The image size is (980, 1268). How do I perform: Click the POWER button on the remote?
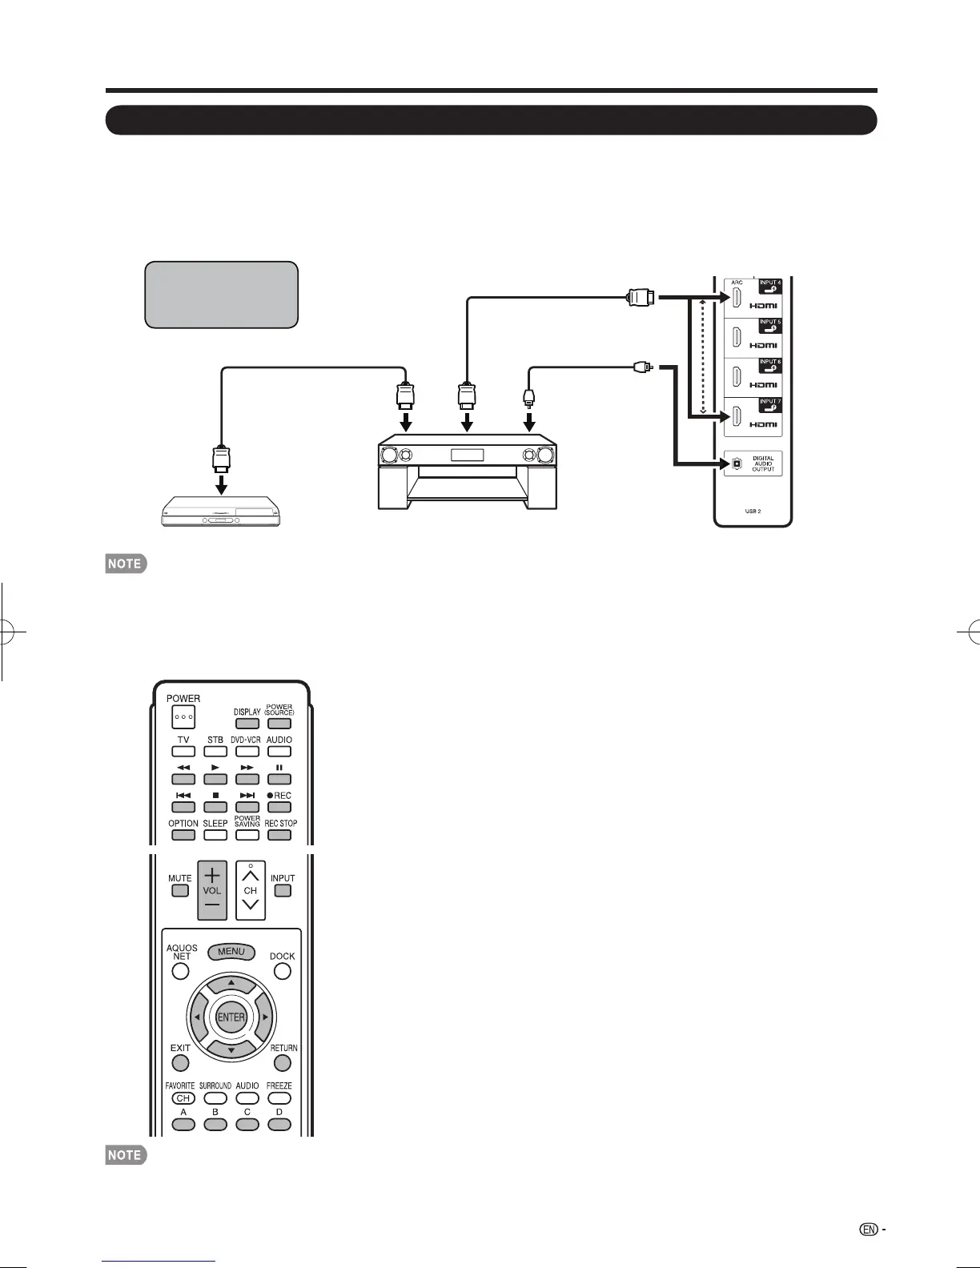[x=183, y=716]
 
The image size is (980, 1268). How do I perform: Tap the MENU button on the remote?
[x=231, y=952]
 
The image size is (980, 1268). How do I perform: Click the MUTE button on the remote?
[x=180, y=890]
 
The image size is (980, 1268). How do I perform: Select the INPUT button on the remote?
[x=283, y=890]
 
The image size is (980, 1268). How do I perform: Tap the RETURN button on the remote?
[x=283, y=1063]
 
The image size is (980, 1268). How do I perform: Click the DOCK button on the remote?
[x=283, y=971]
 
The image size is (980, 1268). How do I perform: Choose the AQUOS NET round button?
[x=181, y=971]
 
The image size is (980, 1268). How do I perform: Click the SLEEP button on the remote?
[x=215, y=834]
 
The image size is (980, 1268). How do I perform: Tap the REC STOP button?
[x=279, y=834]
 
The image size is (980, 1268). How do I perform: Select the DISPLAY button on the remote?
[x=247, y=723]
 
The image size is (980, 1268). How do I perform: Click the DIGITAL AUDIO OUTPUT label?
[x=763, y=464]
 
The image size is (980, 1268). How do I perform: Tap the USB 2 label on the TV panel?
[x=753, y=511]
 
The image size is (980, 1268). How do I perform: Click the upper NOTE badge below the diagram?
[x=126, y=564]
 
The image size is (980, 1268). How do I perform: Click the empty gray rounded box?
[x=222, y=294]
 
